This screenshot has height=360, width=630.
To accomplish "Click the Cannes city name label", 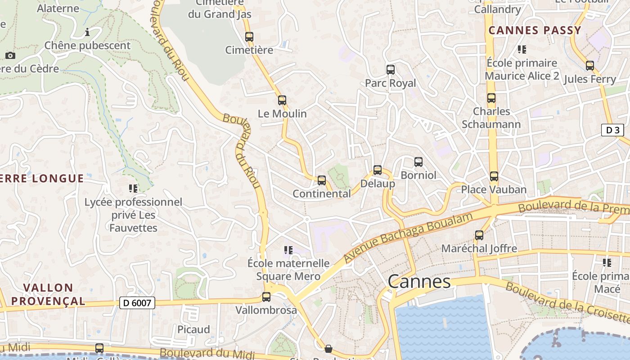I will [x=418, y=282].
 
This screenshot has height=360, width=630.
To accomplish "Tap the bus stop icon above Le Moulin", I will [x=282, y=100].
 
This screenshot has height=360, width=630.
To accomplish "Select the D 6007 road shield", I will [x=138, y=303].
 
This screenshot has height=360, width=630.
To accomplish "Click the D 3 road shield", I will [x=612, y=130].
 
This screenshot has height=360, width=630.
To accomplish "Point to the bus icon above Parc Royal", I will [x=391, y=70].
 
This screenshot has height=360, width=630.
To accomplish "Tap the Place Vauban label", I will [x=494, y=189].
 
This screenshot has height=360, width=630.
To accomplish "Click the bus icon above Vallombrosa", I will [x=266, y=297].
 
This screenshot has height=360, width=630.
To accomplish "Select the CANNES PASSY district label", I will [x=535, y=31].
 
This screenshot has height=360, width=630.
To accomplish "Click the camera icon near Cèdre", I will [x=10, y=56].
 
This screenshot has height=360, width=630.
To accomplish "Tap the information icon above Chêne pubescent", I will [x=87, y=32].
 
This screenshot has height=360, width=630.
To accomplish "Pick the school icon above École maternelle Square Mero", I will [x=288, y=250].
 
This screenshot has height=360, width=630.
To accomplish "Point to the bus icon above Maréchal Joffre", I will [x=479, y=235].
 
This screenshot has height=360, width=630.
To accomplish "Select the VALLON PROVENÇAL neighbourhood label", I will [x=48, y=294].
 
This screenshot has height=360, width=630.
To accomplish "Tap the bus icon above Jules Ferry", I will [x=589, y=66].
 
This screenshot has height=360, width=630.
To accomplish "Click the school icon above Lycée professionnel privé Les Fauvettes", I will [x=133, y=188].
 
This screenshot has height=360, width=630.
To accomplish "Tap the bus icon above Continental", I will [x=322, y=180].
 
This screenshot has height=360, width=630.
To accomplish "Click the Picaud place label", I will [x=193, y=329].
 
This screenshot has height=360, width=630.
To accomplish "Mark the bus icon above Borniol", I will [x=418, y=162].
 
